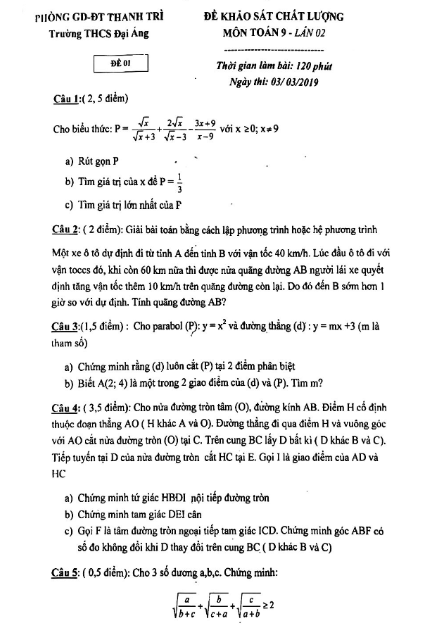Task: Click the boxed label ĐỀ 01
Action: pos(122,65)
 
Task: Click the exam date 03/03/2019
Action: pos(290,82)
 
